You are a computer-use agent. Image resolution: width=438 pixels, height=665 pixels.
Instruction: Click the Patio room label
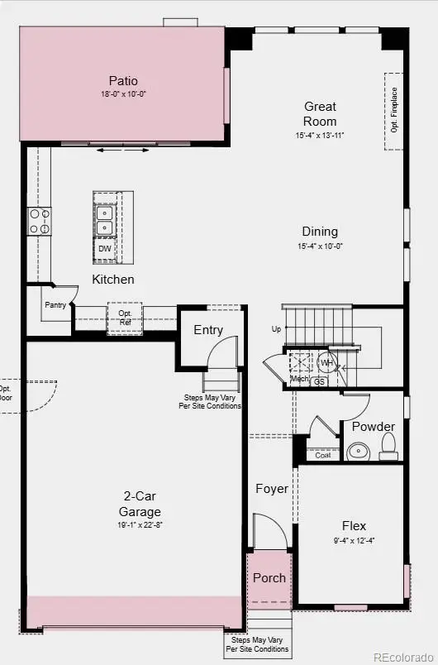click(x=122, y=81)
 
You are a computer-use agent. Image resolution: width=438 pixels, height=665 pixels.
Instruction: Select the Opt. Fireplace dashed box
click(x=393, y=111)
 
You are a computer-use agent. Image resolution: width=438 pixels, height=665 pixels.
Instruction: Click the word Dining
click(x=319, y=232)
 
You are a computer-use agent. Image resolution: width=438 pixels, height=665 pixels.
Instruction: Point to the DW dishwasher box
click(x=104, y=248)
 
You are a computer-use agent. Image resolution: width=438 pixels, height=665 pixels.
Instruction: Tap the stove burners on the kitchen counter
click(x=38, y=220)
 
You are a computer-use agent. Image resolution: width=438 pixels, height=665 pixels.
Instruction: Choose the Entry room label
click(x=208, y=330)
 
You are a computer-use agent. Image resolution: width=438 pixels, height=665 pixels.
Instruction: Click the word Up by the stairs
click(x=276, y=329)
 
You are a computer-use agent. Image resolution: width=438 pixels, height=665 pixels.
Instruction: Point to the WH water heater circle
click(x=327, y=363)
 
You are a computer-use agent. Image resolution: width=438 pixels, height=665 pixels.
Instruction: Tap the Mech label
click(x=298, y=379)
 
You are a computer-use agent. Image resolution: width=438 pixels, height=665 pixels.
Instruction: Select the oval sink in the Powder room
click(x=358, y=451)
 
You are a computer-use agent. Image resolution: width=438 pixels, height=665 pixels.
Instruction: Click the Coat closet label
click(x=322, y=455)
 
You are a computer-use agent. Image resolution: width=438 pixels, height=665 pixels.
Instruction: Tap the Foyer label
click(x=271, y=489)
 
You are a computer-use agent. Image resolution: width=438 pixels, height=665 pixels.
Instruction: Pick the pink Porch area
click(x=269, y=578)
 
